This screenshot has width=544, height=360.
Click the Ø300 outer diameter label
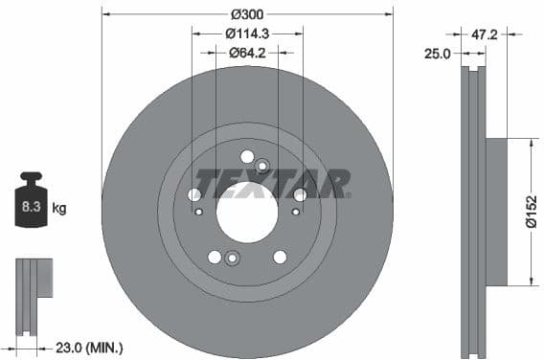(x=247, y=14)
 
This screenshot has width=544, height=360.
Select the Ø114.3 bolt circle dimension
(x=247, y=33)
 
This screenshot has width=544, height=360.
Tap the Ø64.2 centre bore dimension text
(x=247, y=52)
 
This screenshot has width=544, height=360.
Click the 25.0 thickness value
(x=438, y=54)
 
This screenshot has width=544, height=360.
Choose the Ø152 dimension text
(x=533, y=212)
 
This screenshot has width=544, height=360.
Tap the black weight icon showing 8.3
(x=31, y=202)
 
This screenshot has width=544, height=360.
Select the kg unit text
(x=59, y=207)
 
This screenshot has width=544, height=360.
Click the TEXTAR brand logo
(x=272, y=183)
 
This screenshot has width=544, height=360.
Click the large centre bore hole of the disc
(x=246, y=212)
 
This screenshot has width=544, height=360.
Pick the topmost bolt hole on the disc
(x=247, y=156)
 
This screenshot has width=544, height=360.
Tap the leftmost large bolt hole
(x=194, y=195)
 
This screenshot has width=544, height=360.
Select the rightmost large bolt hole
(x=300, y=195)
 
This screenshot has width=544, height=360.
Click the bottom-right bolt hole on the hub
(x=280, y=257)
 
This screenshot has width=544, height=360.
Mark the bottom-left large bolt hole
(x=215, y=257)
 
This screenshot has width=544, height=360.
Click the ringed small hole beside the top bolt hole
(x=262, y=166)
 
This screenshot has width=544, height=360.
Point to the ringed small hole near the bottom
(x=231, y=257)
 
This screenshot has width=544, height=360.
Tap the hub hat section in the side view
(x=498, y=212)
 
